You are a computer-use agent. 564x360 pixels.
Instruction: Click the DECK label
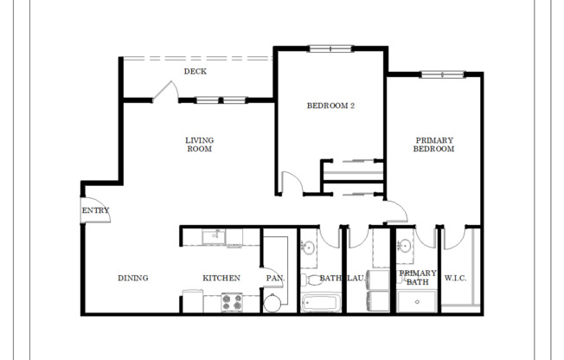pyautogui.click(x=195, y=71)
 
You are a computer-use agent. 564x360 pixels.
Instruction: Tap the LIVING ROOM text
pyautogui.click(x=199, y=145)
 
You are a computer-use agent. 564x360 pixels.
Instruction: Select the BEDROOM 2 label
pyautogui.click(x=331, y=106)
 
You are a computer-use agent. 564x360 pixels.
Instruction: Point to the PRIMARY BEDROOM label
pyautogui.click(x=434, y=145)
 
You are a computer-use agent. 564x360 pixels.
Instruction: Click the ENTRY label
pyautogui.click(x=95, y=210)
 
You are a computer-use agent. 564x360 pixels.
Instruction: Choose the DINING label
pyautogui.click(x=133, y=278)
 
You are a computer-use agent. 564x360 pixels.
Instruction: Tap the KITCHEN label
pyautogui.click(x=221, y=278)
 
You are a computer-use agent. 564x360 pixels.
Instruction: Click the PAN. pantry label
pyautogui.click(x=275, y=278)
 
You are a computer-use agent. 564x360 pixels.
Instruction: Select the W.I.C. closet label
pyautogui.click(x=456, y=278)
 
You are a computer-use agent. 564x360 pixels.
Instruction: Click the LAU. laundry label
pyautogui.click(x=356, y=278)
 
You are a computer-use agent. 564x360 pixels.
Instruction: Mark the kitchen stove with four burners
pyautogui.click(x=232, y=302)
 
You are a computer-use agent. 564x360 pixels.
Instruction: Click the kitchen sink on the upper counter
pyautogui.click(x=211, y=235)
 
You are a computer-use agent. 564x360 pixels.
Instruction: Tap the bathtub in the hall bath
pyautogui.click(x=320, y=304)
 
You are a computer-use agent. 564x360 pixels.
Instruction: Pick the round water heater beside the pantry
pyautogui.click(x=272, y=302)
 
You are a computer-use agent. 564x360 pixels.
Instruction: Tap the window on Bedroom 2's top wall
pyautogui.click(x=330, y=48)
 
